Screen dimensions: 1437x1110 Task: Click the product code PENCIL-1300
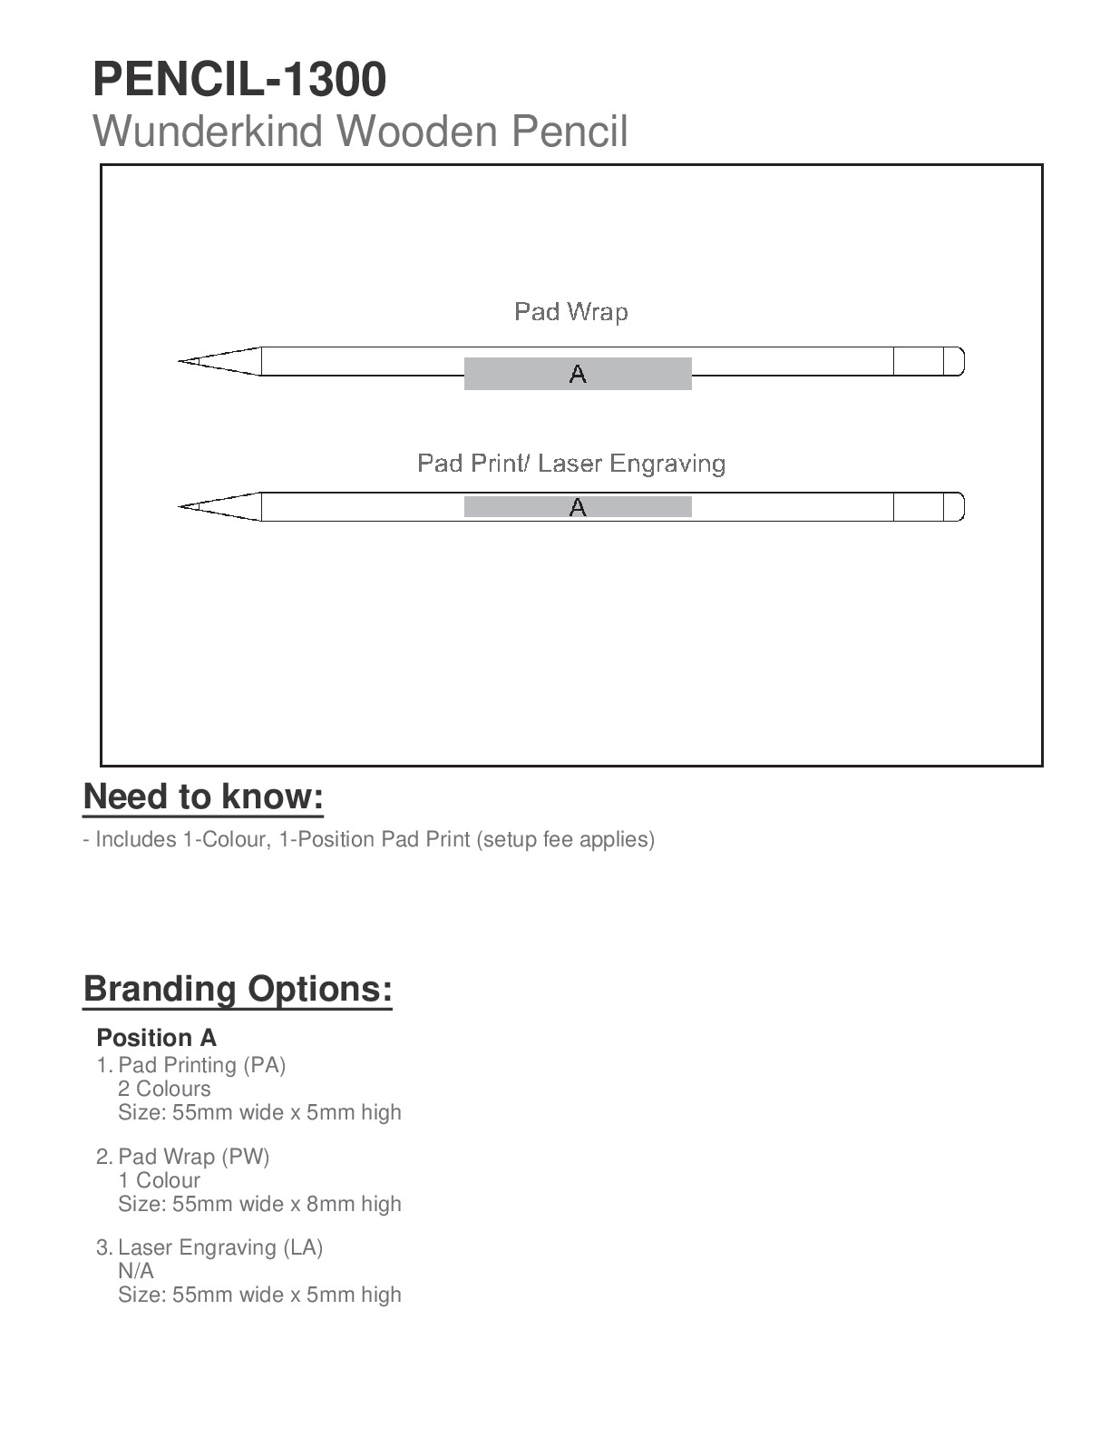239,79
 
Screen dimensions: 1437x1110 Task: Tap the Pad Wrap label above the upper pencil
570,312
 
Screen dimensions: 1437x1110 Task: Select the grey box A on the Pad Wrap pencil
578,374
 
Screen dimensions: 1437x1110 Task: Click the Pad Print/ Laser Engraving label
570,464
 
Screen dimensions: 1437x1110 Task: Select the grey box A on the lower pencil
578,507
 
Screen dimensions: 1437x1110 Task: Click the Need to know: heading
203,797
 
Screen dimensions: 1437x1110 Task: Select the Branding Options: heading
238,988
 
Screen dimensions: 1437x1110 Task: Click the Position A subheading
156,1038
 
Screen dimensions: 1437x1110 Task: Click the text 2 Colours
164,1089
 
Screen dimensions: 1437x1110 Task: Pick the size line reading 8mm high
259,1204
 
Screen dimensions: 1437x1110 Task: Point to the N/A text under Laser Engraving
136,1271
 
